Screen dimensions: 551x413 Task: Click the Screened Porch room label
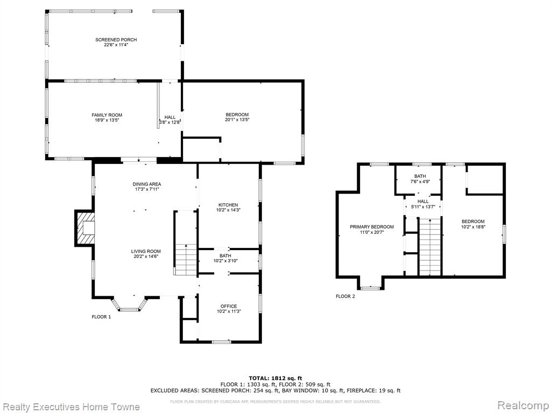click(x=116, y=40)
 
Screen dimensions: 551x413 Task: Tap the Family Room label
click(x=107, y=115)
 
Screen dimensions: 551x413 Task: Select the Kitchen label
click(x=228, y=205)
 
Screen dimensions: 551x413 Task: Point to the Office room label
click(x=228, y=306)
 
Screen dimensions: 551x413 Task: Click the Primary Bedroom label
click(x=371, y=227)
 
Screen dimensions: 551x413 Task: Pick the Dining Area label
click(x=146, y=184)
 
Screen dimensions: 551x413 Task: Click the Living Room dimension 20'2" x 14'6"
click(x=145, y=257)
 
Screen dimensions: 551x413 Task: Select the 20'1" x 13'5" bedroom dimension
click(x=237, y=120)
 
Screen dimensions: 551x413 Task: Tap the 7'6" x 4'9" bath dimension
click(x=420, y=182)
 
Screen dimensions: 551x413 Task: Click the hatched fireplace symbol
click(x=85, y=228)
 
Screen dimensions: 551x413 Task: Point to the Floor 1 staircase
click(x=186, y=243)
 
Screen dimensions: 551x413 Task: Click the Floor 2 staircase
click(x=430, y=246)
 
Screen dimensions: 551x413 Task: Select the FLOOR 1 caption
click(x=101, y=317)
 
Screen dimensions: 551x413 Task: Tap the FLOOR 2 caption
click(x=345, y=296)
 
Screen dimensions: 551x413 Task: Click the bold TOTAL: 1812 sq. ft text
click(x=275, y=378)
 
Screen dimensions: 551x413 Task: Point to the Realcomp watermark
click(x=523, y=405)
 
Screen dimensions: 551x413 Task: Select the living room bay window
click(x=129, y=304)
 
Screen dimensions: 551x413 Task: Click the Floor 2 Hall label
click(x=423, y=202)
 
